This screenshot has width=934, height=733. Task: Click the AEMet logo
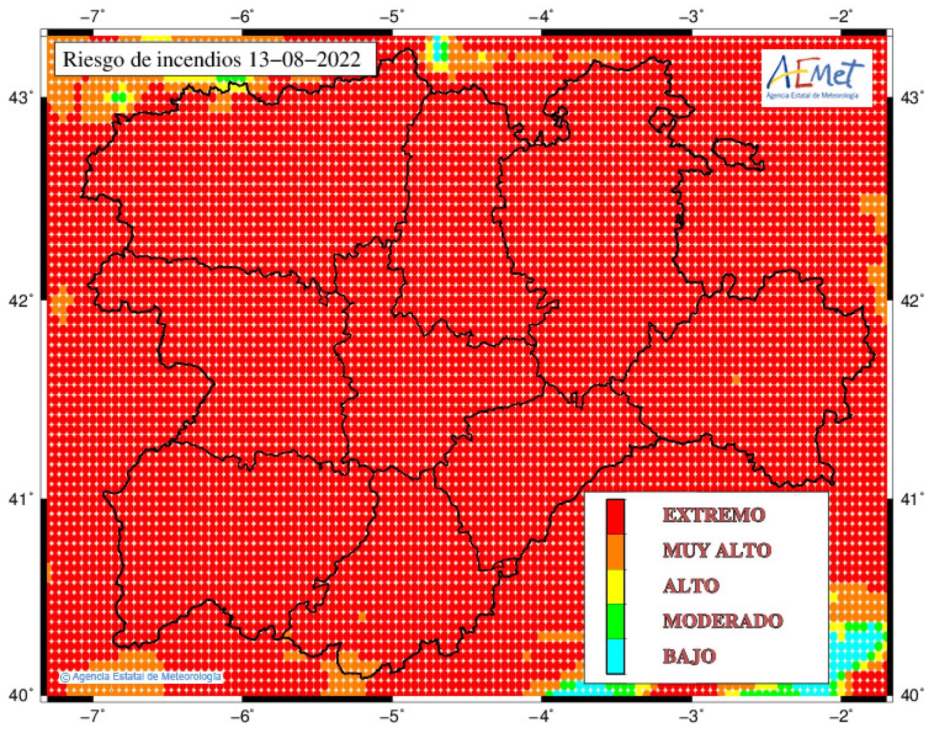click(816, 78)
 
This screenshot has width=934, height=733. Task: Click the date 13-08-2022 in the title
click(304, 59)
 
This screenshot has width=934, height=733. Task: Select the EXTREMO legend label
click(713, 515)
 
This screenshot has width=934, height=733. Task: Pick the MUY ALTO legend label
click(717, 550)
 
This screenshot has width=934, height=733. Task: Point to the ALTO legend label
click(690, 586)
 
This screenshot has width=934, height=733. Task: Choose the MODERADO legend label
click(722, 621)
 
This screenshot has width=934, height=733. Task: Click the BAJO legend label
click(689, 656)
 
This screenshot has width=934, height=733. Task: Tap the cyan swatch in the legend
click(615, 656)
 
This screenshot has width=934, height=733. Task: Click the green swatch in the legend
click(615, 621)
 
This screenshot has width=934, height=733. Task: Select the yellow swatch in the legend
click(615, 586)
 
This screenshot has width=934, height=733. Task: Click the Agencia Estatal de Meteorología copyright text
click(141, 677)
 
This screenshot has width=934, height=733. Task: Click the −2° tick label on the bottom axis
click(841, 715)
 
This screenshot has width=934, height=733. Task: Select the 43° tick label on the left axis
click(20, 98)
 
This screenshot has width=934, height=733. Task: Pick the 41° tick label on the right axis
click(912, 499)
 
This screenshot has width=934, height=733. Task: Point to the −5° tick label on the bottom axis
click(392, 715)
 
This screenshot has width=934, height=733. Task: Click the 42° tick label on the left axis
click(20, 301)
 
